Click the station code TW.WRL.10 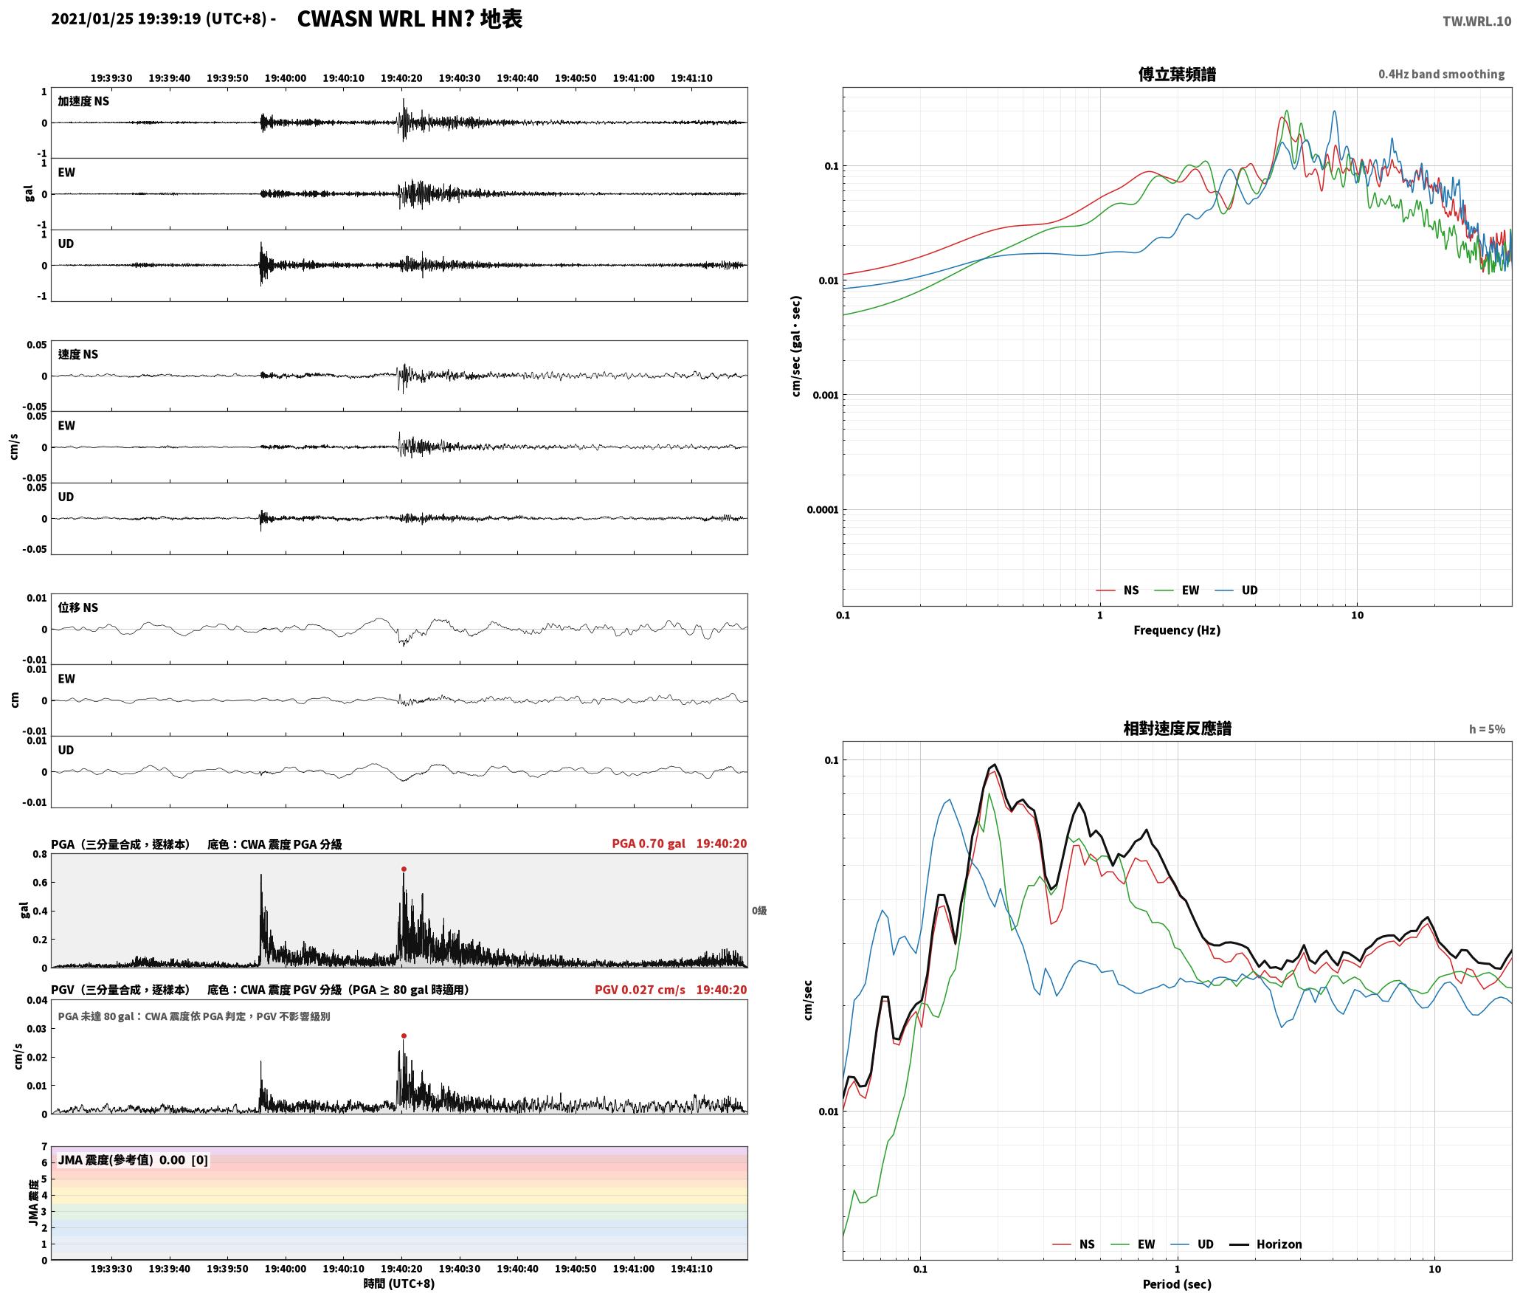pos(1476,21)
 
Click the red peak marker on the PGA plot pos(404,869)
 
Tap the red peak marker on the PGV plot pos(404,1036)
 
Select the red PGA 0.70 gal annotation pos(649,844)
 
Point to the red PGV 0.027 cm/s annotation pos(640,990)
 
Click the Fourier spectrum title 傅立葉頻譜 pos(1177,75)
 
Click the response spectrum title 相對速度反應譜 pos(1177,728)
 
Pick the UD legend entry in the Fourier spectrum pos(1237,590)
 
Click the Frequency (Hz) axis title pos(1177,630)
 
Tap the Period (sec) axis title pos(1177,1284)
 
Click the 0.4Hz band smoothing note pos(1441,74)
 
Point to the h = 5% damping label pos(1487,728)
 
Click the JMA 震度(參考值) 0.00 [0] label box pos(133,1160)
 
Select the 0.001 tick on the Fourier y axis pos(826,395)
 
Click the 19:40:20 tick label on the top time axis pos(401,77)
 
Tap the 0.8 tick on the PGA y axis pos(40,855)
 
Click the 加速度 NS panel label pos(83,101)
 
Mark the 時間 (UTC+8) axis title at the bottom pos(399,1284)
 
